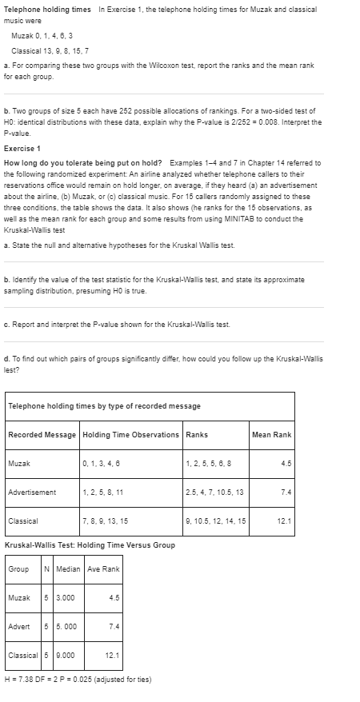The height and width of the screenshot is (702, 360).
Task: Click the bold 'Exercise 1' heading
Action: click(x=23, y=149)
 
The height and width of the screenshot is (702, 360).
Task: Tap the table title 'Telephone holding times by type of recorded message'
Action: click(x=104, y=406)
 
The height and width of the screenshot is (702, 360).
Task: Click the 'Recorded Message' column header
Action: click(x=42, y=434)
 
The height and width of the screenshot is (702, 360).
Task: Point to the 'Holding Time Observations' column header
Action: click(x=130, y=434)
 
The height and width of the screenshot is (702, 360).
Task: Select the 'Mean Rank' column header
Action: click(x=272, y=434)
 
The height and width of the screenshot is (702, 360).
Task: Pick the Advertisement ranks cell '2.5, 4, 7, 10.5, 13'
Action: click(x=214, y=492)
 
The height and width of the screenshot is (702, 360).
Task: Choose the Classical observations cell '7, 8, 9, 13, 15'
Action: click(x=105, y=521)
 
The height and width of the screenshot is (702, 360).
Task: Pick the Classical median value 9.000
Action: click(x=68, y=655)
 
